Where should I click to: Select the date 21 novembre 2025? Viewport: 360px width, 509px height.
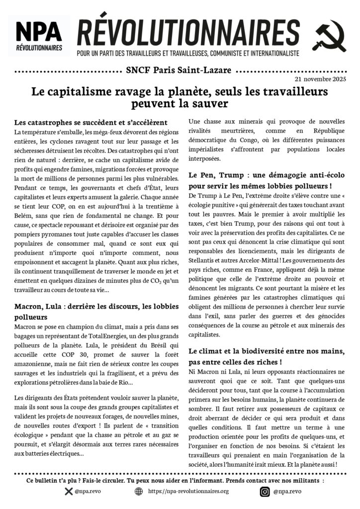321,79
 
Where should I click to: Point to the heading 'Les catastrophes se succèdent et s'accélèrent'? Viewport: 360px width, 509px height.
90,122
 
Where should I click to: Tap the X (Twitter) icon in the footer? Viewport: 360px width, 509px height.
69,492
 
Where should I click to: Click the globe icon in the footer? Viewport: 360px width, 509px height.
138,492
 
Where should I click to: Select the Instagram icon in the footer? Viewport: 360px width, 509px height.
265,492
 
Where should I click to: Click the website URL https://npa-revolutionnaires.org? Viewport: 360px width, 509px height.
188,492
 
